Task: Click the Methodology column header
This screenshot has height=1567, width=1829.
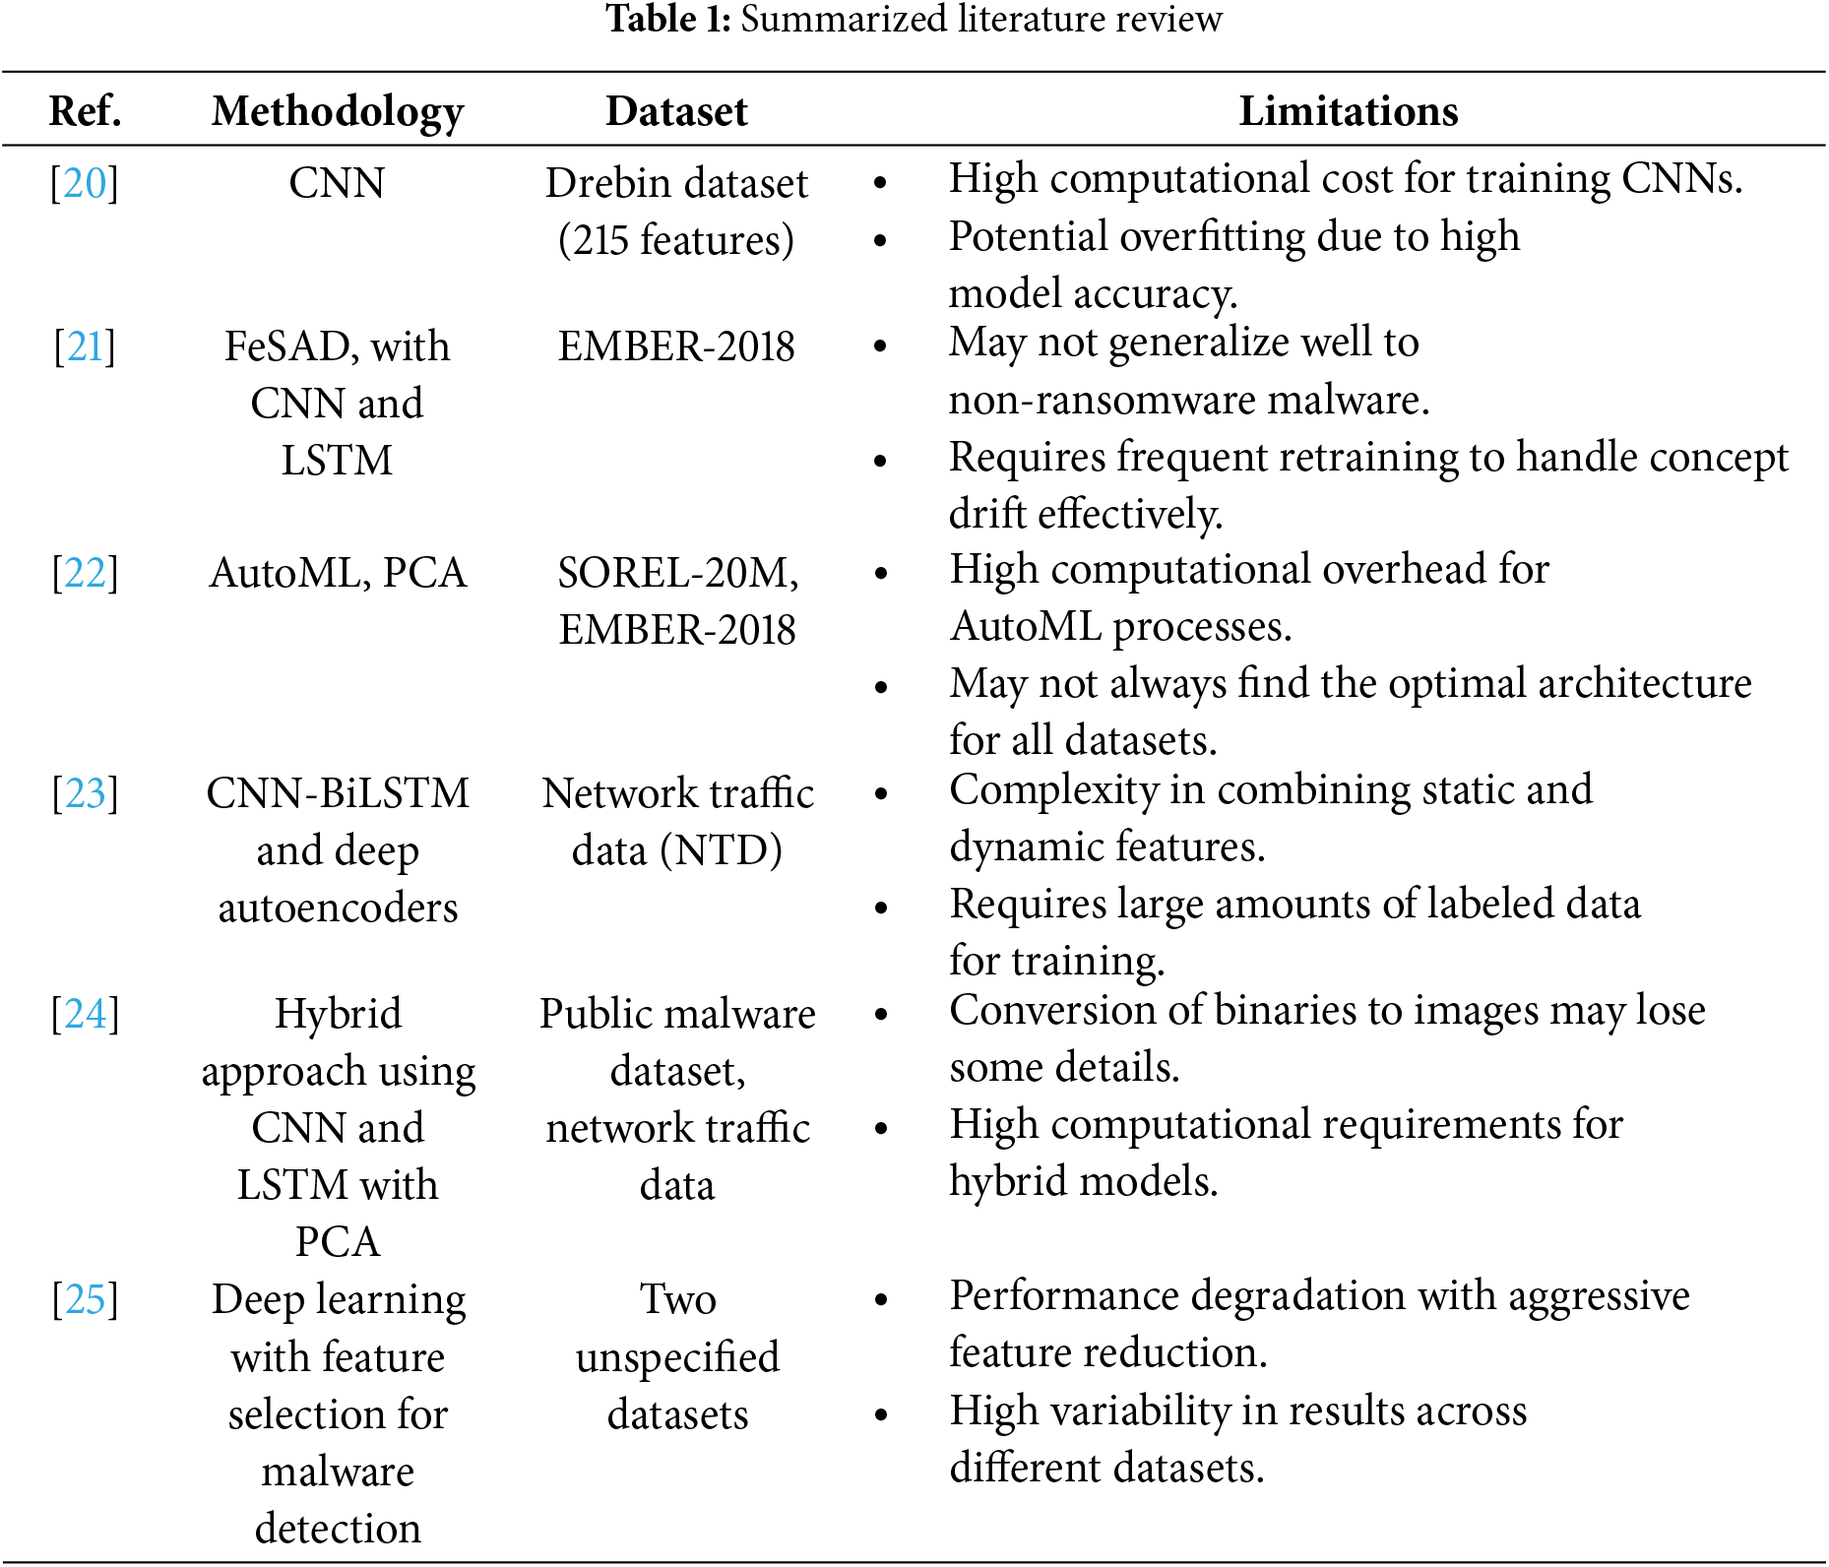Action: coord(338,111)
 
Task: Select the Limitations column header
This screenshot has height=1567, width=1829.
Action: coord(1348,111)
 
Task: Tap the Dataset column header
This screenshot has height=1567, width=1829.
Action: coord(676,111)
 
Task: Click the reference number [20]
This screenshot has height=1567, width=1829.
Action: coord(85,183)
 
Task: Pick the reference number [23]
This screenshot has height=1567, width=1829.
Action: coord(85,793)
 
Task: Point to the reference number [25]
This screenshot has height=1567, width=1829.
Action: coord(85,1299)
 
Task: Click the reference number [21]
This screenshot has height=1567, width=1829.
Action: coord(85,346)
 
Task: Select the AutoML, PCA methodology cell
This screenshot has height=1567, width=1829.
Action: coord(338,573)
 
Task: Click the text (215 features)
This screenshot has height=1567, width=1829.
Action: coord(676,240)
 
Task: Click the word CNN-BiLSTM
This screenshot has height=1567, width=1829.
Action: coord(338,793)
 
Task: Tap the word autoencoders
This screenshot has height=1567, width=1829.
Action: coord(338,908)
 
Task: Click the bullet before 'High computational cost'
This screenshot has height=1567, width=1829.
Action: coord(881,182)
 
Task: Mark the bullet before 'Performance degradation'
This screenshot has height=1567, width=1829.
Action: coord(881,1299)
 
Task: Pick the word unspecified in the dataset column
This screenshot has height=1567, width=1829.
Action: coord(677,1357)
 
